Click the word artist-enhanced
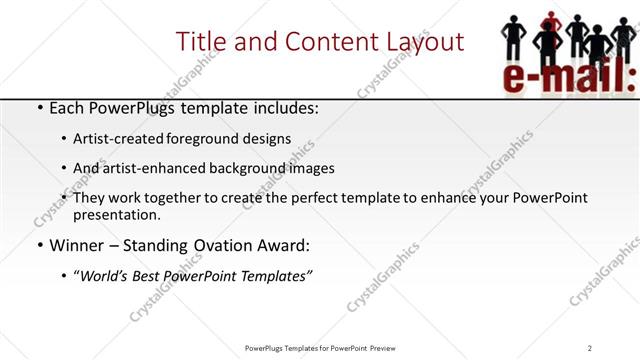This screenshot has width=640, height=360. [x=152, y=168]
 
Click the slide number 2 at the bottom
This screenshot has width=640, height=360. [x=590, y=348]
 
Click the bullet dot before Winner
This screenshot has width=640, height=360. [x=38, y=245]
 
